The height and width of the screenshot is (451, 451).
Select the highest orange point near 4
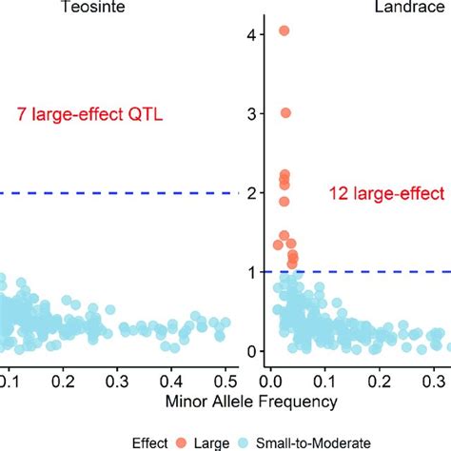coord(284,31)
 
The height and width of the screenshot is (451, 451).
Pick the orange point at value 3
coord(285,113)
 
